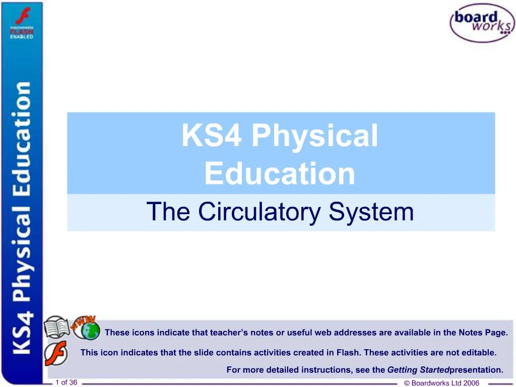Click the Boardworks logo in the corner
point(482,22)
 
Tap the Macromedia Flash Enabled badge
point(22,23)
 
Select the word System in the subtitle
point(371,212)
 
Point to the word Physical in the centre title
point(314,136)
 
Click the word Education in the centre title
point(280,173)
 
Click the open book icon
point(56,327)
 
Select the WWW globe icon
point(86,328)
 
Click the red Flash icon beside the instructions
point(56,353)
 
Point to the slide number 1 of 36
point(66,382)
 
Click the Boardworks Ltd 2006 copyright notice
point(441,383)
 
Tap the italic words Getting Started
point(418,370)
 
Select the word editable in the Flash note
point(479,352)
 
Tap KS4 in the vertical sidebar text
point(22,333)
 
